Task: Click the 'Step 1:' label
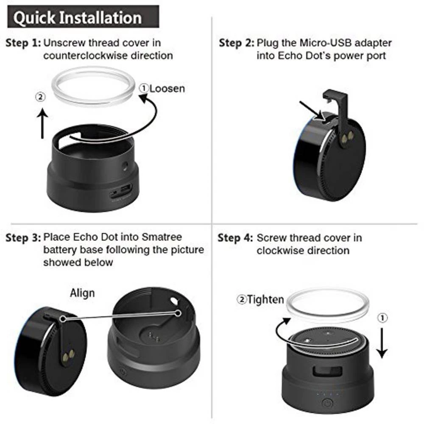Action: point(23,43)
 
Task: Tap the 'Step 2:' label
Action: point(236,43)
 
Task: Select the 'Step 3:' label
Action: point(23,237)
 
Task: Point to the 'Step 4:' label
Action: point(235,238)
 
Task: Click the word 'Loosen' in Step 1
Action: point(167,88)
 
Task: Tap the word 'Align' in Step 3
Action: point(82,293)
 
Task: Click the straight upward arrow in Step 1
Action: point(42,124)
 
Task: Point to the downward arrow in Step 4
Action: point(382,343)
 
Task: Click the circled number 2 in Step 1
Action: point(40,97)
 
